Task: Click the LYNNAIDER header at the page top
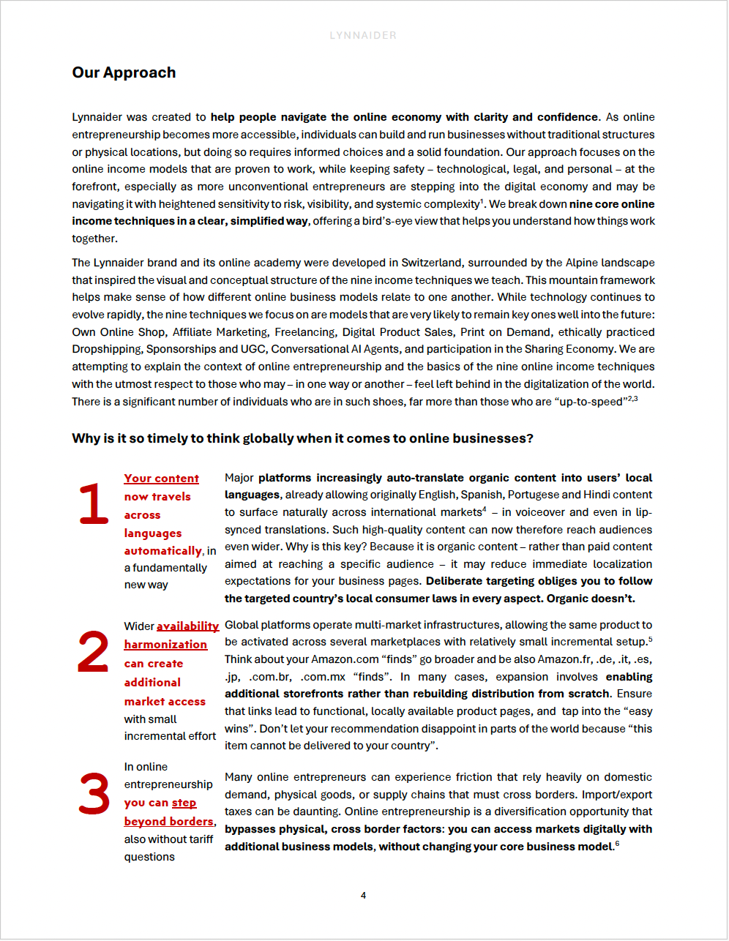pos(363,35)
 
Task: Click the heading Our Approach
pos(124,72)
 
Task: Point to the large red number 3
pos(94,794)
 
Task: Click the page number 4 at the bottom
pos(363,895)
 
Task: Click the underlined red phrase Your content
pos(161,479)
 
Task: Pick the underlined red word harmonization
pos(165,645)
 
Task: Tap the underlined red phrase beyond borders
pos(168,822)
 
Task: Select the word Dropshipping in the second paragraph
pos(107,349)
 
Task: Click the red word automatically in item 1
pos(162,551)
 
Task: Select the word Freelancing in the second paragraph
pos(305,332)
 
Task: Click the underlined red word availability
pos(187,626)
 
